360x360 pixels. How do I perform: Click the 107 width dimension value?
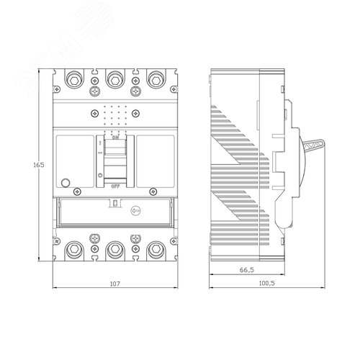114,284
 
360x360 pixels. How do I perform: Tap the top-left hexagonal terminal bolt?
75,78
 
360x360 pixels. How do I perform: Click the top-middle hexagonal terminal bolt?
113,78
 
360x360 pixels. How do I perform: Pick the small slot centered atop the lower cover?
113,204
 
